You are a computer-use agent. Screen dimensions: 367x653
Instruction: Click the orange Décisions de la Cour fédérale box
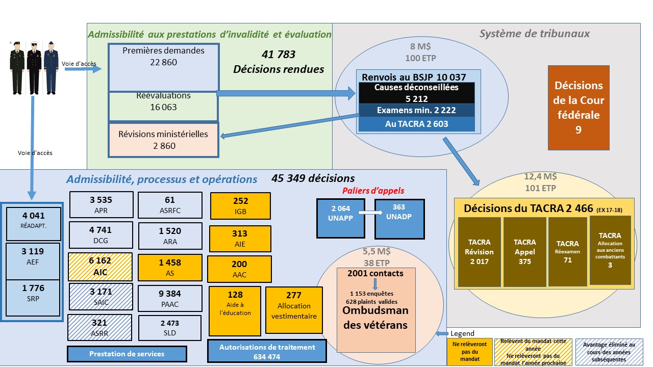click(579, 108)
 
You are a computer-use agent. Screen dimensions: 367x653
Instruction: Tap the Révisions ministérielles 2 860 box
click(163, 140)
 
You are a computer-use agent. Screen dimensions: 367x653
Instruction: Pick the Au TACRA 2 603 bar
click(416, 124)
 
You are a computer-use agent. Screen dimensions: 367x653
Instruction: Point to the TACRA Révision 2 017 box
click(479, 251)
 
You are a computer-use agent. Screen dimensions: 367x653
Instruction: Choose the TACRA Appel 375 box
click(524, 251)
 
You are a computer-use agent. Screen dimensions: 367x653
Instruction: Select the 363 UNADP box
click(399, 218)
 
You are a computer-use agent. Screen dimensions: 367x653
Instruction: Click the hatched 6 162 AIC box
click(100, 266)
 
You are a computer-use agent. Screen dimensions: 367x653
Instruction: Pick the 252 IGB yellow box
click(240, 206)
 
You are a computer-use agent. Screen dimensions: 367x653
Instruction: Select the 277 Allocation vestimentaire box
click(294, 310)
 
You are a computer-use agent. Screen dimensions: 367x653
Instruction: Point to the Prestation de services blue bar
click(127, 354)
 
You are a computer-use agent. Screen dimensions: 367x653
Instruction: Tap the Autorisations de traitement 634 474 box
click(267, 352)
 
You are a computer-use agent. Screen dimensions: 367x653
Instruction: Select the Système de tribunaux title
click(534, 34)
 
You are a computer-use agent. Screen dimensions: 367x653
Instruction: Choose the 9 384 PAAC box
click(170, 298)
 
